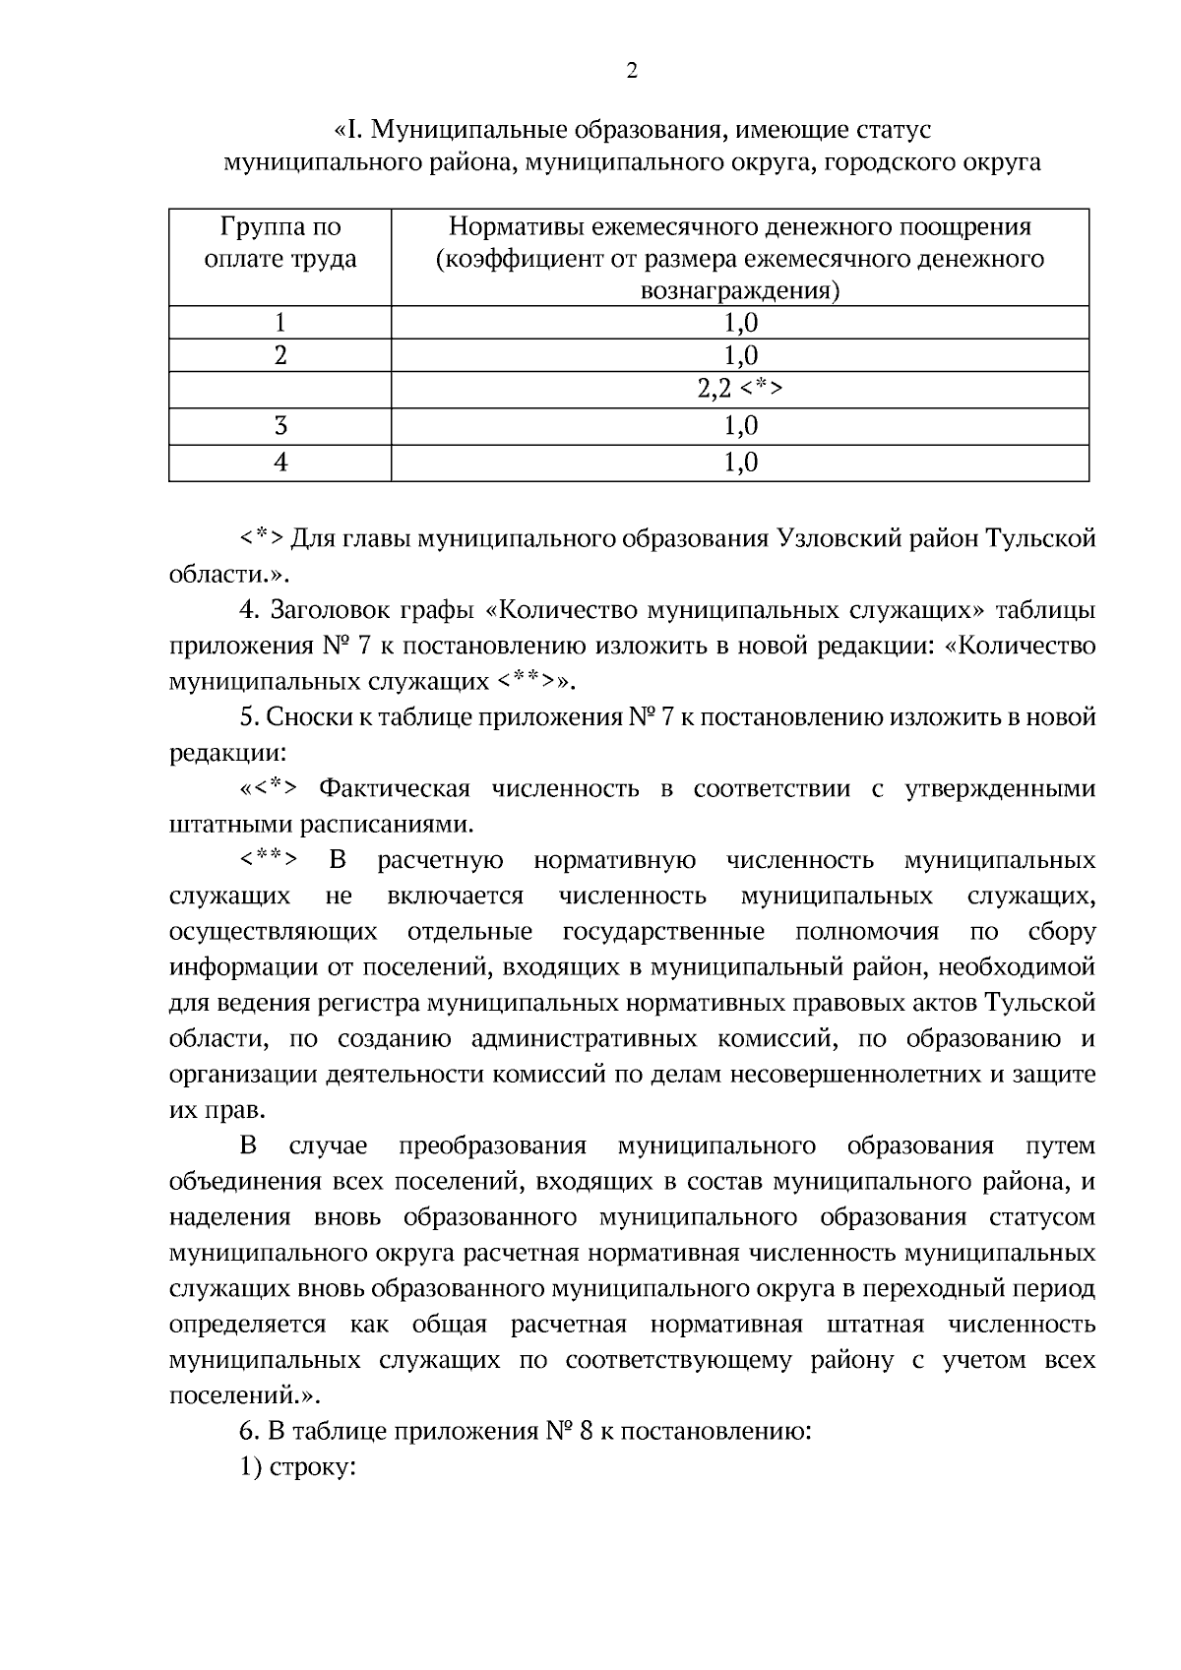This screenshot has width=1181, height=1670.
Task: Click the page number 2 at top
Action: click(x=631, y=71)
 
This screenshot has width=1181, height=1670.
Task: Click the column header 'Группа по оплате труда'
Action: click(x=280, y=243)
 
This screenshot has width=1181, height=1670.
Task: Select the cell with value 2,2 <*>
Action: click(x=740, y=390)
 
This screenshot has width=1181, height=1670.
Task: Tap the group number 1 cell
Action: click(x=280, y=323)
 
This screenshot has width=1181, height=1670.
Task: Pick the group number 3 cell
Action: click(x=280, y=426)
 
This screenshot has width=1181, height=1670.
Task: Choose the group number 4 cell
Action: click(x=280, y=463)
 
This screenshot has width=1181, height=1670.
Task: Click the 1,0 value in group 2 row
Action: click(x=740, y=355)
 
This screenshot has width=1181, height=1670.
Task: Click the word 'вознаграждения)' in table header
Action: click(x=740, y=291)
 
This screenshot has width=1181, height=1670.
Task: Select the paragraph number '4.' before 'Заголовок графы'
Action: click(x=250, y=610)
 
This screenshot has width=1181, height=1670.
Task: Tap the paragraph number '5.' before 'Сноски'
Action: click(x=249, y=717)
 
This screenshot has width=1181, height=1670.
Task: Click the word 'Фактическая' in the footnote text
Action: click(x=396, y=789)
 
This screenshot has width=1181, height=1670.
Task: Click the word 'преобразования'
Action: click(x=493, y=1146)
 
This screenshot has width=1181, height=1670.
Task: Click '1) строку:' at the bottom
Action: click(x=297, y=1466)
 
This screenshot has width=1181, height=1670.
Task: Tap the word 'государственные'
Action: click(x=663, y=932)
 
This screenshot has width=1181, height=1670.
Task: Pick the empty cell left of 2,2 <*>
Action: click(x=280, y=390)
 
